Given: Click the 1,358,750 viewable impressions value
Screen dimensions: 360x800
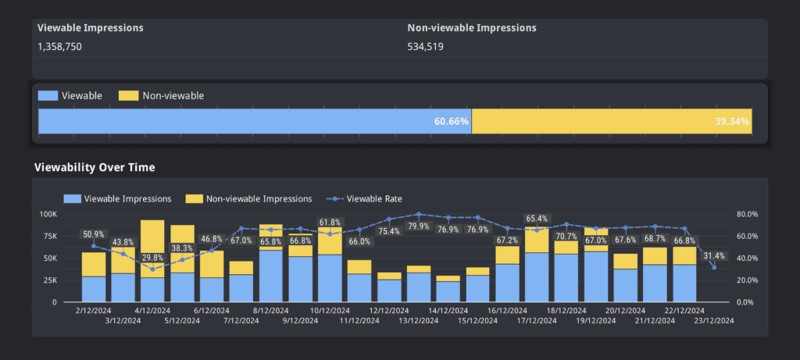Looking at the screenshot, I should point(59,46).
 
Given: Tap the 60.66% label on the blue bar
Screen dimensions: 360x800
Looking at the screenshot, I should point(452,121).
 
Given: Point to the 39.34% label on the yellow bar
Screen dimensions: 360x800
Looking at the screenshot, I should point(732,121).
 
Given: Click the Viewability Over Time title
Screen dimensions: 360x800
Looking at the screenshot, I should point(95,167).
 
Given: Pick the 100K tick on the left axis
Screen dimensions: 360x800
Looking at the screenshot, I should point(48,214).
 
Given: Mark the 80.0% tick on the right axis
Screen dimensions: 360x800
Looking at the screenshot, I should point(747,214).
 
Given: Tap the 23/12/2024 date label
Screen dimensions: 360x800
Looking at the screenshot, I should point(714,320).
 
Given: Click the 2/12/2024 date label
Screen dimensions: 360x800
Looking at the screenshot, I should point(94,310).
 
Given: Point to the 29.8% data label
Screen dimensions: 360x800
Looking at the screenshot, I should point(152,258).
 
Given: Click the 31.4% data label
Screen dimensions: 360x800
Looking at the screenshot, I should point(714,255).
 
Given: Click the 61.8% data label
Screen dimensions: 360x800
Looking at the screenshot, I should point(330,223).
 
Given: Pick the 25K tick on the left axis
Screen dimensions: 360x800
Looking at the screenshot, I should point(50,280).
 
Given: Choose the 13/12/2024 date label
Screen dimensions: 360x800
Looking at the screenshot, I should point(418,320).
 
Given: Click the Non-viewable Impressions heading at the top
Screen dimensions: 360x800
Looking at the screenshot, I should point(472,27).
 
